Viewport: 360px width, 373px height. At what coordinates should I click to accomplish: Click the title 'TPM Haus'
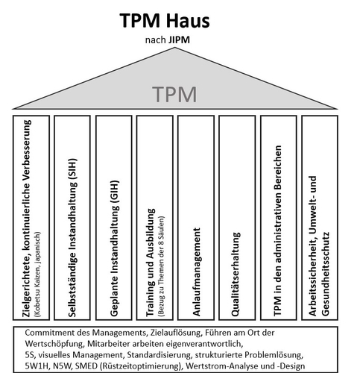point(165,20)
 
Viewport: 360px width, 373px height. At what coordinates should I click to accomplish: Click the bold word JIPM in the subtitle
point(179,40)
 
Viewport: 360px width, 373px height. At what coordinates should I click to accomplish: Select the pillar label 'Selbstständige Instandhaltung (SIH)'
point(72,237)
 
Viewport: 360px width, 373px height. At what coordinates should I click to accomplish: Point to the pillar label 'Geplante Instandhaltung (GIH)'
point(114,248)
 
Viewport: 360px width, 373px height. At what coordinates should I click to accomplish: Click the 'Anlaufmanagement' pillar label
point(196,272)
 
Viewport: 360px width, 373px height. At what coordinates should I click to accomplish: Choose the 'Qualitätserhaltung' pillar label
point(236,274)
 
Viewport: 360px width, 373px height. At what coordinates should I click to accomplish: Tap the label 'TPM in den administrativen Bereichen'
point(278,231)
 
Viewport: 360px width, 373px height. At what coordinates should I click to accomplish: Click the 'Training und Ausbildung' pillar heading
point(151,263)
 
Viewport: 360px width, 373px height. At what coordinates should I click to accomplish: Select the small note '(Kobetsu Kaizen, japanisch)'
point(38,275)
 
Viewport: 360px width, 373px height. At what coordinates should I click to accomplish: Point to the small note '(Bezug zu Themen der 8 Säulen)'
point(161,266)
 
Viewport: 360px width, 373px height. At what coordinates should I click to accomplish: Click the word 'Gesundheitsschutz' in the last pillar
point(326,274)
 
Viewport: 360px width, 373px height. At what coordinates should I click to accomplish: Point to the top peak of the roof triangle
point(175,48)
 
